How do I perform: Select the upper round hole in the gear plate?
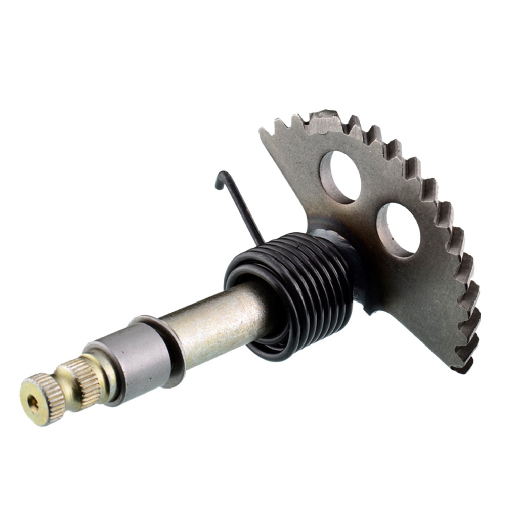point(340,177)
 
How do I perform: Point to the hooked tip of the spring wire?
point(221,179)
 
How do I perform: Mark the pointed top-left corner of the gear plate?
point(263,131)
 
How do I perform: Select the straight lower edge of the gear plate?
point(405,329)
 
